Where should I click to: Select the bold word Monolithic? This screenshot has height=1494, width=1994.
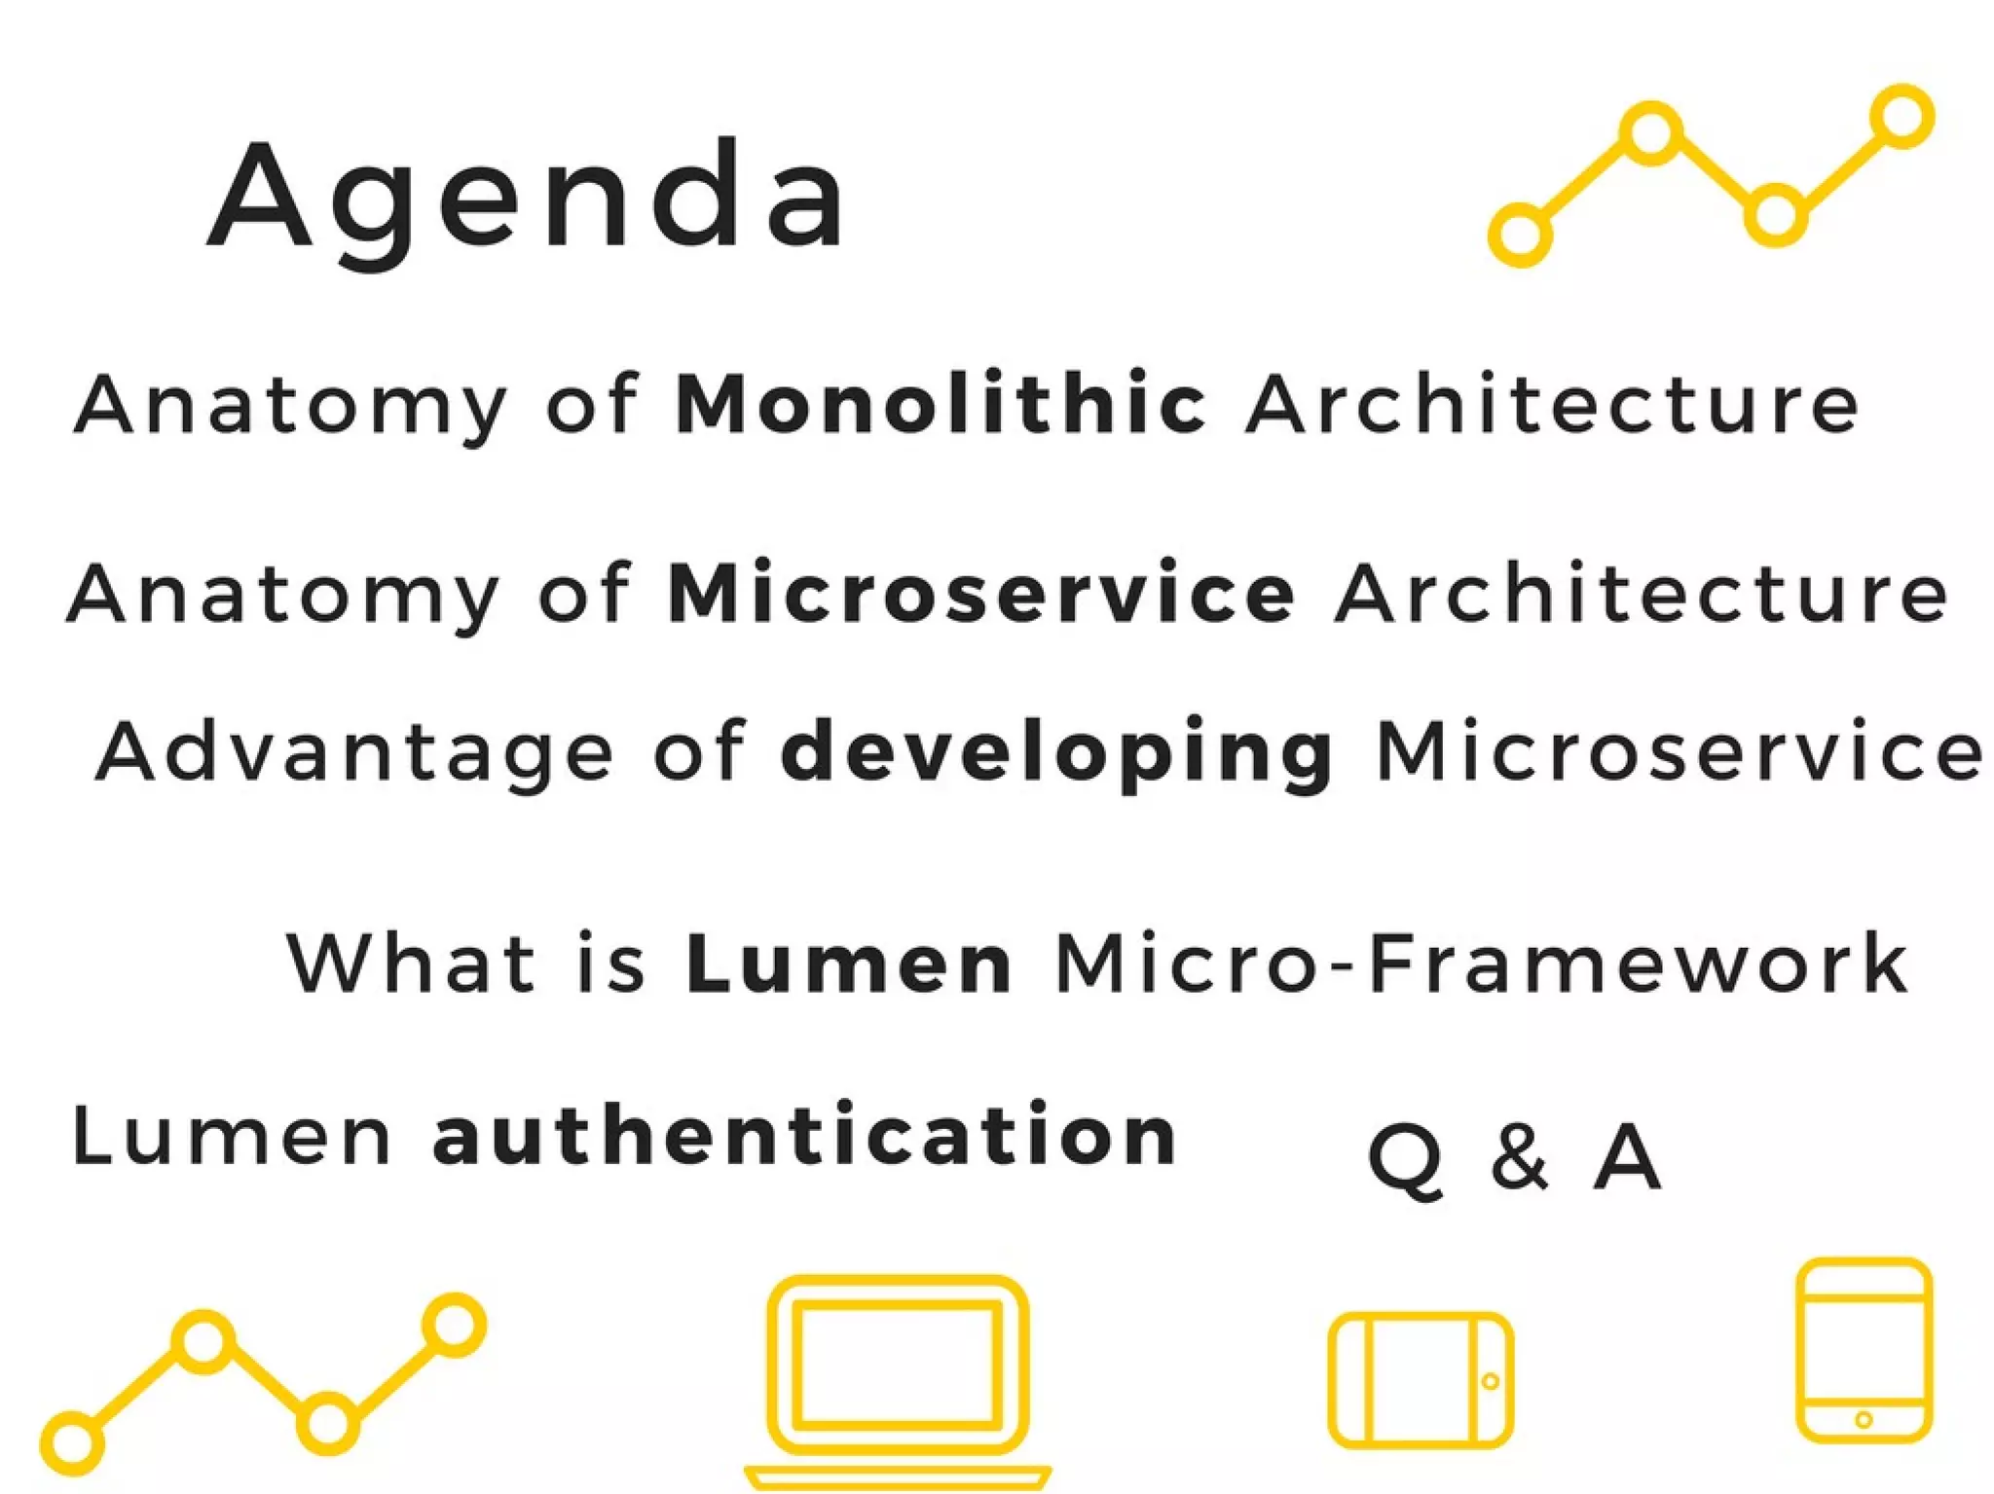(941, 403)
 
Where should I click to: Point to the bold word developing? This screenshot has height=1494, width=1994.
(1057, 752)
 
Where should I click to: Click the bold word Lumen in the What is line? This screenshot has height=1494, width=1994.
(849, 964)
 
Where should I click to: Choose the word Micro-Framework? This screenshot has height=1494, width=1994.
(1481, 964)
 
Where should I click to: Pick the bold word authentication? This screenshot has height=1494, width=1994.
(804, 1135)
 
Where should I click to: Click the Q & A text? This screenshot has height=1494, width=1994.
(1514, 1158)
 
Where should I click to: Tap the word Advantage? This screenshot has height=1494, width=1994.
(355, 752)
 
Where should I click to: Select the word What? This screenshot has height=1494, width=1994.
(412, 964)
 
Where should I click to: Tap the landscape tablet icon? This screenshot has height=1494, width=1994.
(1421, 1380)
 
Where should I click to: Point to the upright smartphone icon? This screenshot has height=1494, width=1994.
(1864, 1350)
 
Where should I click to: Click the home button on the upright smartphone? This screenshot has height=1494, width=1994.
(1864, 1420)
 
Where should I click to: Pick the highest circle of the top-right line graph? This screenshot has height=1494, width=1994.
(1902, 117)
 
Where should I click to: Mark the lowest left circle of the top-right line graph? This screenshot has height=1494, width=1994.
(1520, 234)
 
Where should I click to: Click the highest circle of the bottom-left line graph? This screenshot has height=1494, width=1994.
(454, 1325)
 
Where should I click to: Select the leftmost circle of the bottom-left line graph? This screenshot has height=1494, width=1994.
(71, 1442)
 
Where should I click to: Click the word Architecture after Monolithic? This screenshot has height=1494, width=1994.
(1553, 403)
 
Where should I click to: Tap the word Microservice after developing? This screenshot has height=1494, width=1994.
(1680, 752)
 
